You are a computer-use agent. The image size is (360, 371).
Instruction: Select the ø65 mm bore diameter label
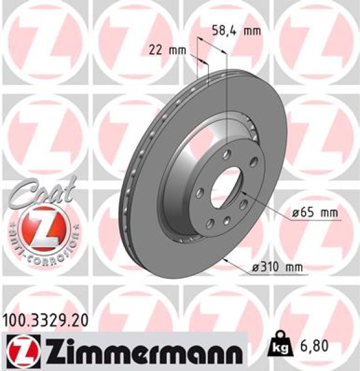pos(315,213)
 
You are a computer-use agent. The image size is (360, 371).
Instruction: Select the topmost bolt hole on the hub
pos(228,154)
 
